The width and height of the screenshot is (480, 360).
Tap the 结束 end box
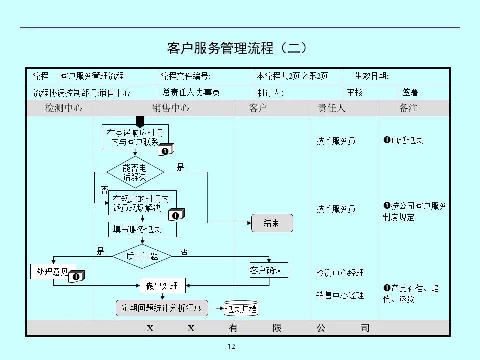coord(271,223)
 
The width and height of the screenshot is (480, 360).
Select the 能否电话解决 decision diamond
coord(135,172)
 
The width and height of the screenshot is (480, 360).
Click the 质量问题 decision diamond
coord(142,256)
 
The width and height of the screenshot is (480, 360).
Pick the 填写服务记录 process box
coord(142,230)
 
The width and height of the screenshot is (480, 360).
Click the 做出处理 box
coord(162,286)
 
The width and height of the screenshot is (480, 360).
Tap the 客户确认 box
coord(269,271)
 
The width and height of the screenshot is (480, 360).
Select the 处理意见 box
coord(53,272)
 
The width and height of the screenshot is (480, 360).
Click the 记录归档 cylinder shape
coord(241,309)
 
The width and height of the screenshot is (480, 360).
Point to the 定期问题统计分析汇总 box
coord(162,308)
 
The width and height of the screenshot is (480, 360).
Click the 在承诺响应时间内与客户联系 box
coord(135,137)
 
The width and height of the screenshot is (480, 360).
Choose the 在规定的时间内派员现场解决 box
coord(142,203)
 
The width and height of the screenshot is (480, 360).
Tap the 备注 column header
coord(408,108)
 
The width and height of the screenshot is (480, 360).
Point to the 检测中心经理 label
coord(340,273)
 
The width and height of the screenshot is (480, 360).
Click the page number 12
coord(231,347)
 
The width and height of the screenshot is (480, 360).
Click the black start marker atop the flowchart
coord(140,121)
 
